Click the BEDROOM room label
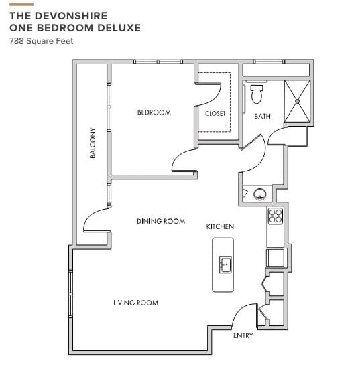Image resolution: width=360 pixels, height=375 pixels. (x=154, y=112)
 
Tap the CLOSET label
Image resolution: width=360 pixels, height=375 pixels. (x=215, y=114)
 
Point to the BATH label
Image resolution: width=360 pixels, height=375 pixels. (x=262, y=117)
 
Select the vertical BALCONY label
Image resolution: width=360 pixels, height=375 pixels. (x=93, y=143)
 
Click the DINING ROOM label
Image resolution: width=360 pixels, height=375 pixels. (x=161, y=221)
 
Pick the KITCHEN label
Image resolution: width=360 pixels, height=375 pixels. (x=220, y=226)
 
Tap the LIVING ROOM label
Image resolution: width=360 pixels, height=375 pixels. (x=135, y=303)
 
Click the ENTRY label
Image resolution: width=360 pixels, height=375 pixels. (x=243, y=335)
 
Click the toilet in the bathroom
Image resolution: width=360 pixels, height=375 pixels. (x=257, y=94)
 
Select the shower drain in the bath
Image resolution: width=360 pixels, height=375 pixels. (x=297, y=101)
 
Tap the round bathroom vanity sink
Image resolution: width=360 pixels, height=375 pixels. (x=260, y=194)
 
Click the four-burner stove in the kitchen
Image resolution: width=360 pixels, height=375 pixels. (x=275, y=216)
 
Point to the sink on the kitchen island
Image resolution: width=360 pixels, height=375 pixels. (x=225, y=265)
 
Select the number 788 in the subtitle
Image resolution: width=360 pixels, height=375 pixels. (x=17, y=41)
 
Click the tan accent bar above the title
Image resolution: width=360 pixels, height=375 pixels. (x=21, y=5)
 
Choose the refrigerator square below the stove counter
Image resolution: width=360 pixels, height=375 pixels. (x=276, y=257)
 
